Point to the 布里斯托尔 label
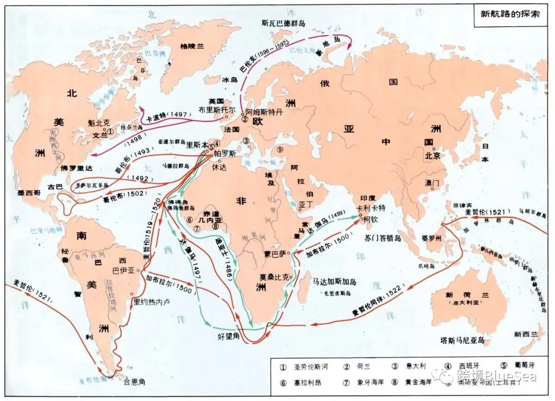[x=217, y=110]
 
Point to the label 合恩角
[x=135, y=381]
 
